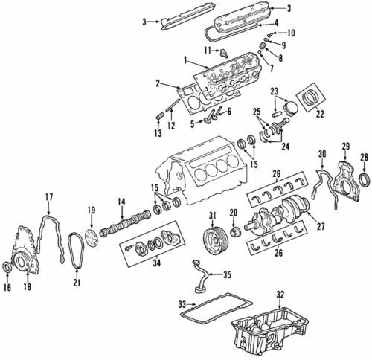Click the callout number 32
[x=280, y=295]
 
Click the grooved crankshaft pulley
[x=214, y=243]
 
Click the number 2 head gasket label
[x=157, y=84]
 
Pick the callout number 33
[x=182, y=303]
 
